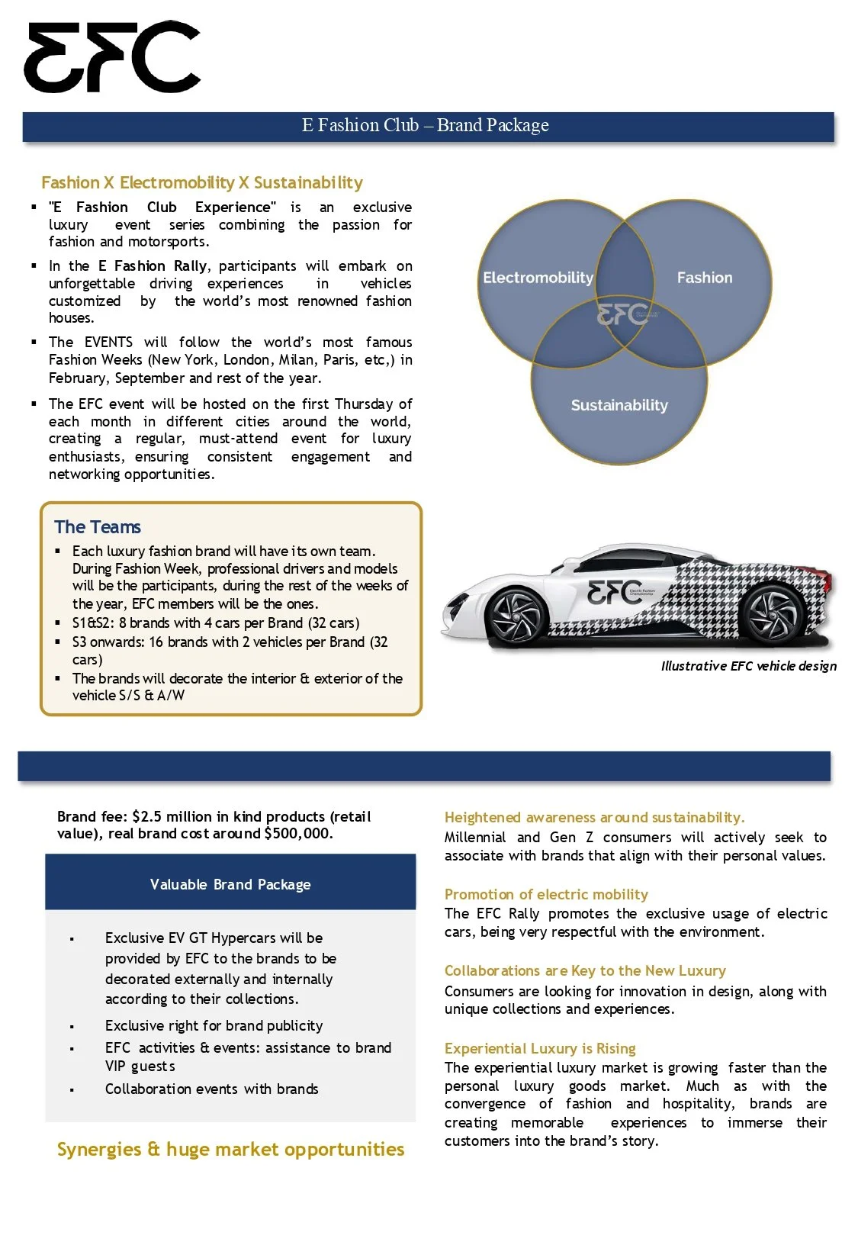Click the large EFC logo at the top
coord(112,57)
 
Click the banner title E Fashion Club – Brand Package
coord(425,125)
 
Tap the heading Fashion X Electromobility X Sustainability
coord(201,182)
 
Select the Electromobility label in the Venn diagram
coord(538,278)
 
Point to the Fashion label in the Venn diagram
coord(704,278)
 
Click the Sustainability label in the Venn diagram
coord(619,405)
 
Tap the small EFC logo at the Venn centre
coord(622,314)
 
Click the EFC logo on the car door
coord(615,592)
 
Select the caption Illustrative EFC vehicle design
coord(748,666)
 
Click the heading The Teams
coord(98,527)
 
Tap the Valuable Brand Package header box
coord(230,884)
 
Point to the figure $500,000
coord(297,833)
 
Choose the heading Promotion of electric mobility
coord(546,894)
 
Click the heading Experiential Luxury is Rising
coord(540,1048)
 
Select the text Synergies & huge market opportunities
coord(230,1149)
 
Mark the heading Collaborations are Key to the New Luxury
coord(585,970)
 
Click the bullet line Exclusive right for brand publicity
coord(214,1025)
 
